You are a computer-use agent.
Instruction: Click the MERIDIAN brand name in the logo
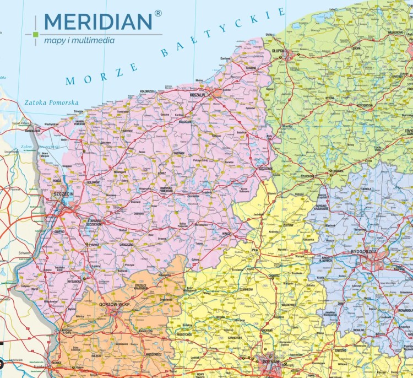(x=97, y=21)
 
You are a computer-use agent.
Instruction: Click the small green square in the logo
(x=36, y=35)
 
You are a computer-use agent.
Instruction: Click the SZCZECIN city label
(x=62, y=195)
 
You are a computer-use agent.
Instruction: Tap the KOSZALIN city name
(x=197, y=95)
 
